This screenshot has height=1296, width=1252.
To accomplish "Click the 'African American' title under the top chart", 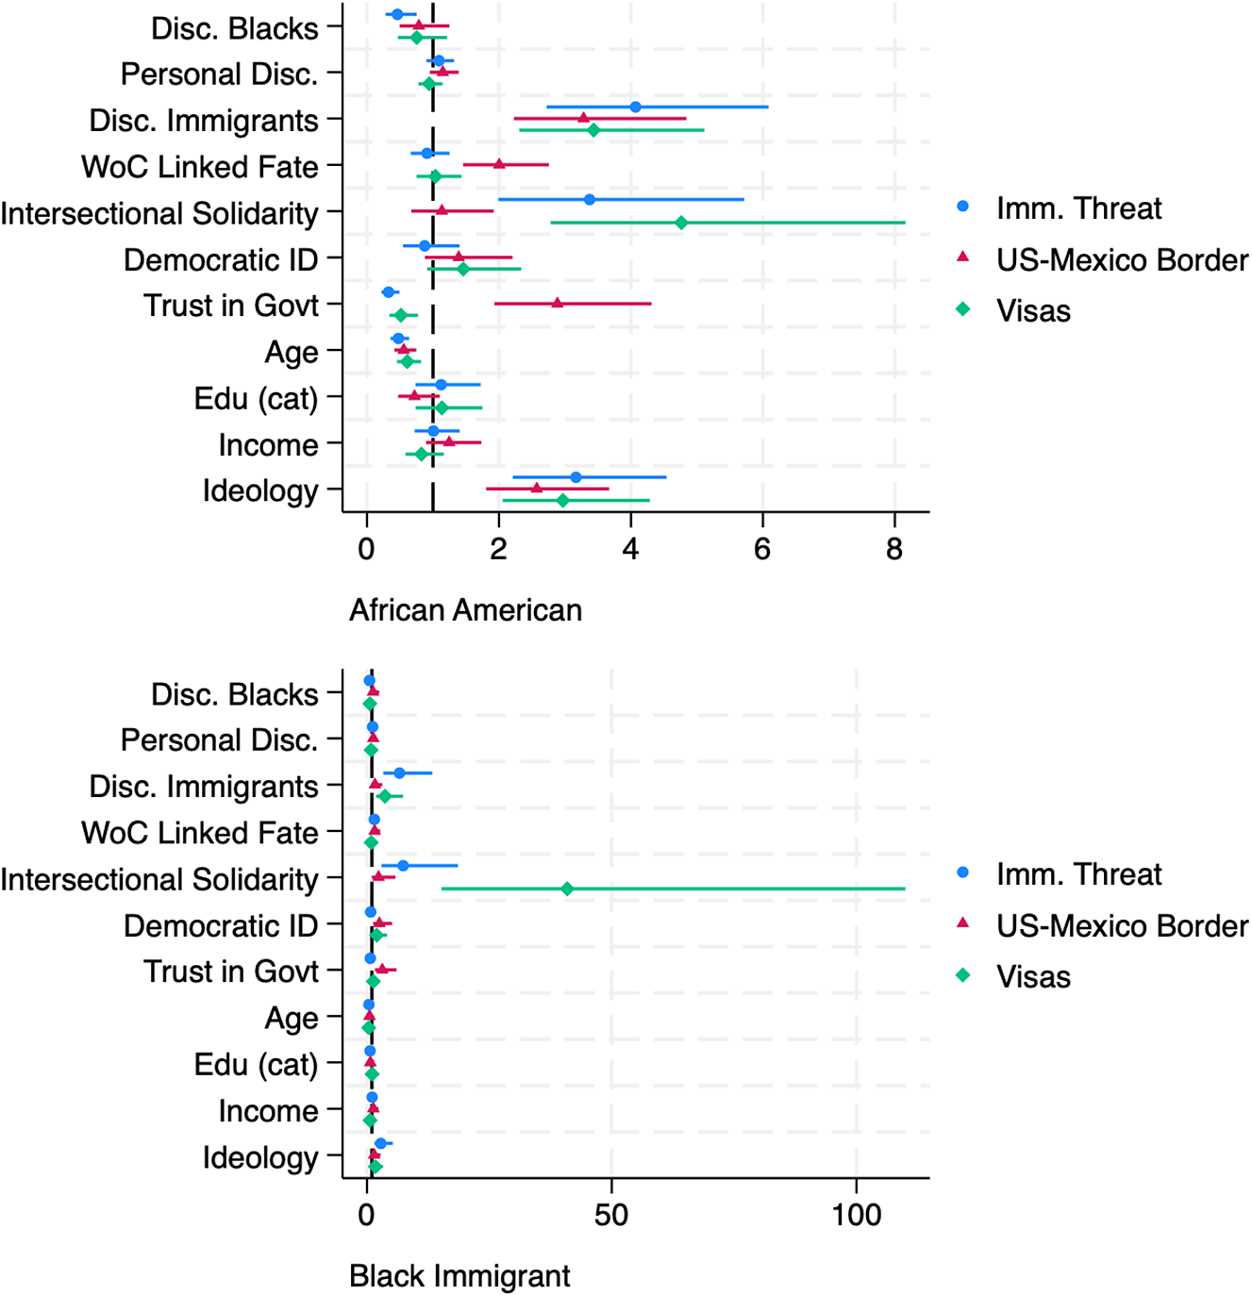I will click(465, 610).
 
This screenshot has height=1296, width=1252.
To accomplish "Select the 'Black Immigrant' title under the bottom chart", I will click(459, 1276).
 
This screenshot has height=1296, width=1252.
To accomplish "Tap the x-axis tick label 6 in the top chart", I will click(762, 549).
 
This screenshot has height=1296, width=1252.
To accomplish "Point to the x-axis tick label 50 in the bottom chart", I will click(611, 1215).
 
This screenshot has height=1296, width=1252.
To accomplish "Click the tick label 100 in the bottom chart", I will click(857, 1215).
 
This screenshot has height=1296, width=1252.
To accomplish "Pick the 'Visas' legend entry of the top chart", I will click(1033, 310).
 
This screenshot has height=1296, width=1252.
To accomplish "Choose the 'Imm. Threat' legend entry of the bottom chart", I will click(1078, 874).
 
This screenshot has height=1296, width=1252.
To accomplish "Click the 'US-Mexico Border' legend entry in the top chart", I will click(1122, 259).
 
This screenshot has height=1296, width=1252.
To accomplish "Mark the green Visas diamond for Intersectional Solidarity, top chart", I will click(681, 223).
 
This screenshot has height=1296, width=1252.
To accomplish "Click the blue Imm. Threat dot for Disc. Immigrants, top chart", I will click(635, 107).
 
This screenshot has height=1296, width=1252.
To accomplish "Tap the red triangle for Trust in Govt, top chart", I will click(558, 303).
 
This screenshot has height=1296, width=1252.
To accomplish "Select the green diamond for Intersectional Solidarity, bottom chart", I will click(567, 889).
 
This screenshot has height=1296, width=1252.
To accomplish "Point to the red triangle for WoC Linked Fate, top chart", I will click(499, 164).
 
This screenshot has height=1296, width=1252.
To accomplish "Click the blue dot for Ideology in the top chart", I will click(576, 477).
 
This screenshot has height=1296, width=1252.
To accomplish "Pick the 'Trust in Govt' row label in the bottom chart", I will click(231, 972).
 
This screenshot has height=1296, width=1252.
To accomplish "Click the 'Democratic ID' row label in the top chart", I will click(221, 259).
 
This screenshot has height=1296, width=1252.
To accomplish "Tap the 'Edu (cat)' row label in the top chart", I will click(256, 399).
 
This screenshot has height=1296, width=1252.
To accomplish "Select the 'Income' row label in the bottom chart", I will click(268, 1111).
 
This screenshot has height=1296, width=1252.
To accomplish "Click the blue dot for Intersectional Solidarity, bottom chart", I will click(403, 865).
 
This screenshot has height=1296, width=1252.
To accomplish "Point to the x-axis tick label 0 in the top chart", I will click(366, 549).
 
